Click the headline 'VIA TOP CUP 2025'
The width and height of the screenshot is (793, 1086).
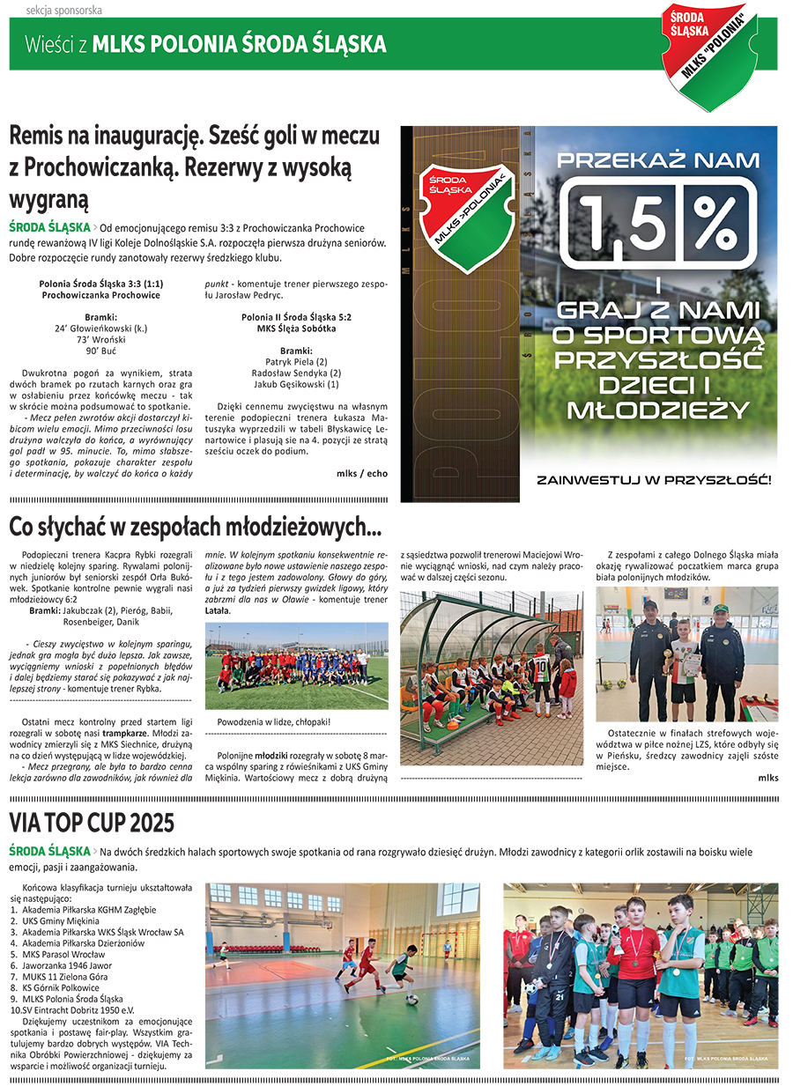92,823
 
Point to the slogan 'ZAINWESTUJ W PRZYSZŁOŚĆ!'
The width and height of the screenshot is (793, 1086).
654,480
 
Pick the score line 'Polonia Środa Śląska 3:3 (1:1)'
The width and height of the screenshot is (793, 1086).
101,284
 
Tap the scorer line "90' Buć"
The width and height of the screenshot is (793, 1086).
101,350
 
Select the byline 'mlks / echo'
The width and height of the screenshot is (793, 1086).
361,473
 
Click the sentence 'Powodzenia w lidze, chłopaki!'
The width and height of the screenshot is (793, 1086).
274,721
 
